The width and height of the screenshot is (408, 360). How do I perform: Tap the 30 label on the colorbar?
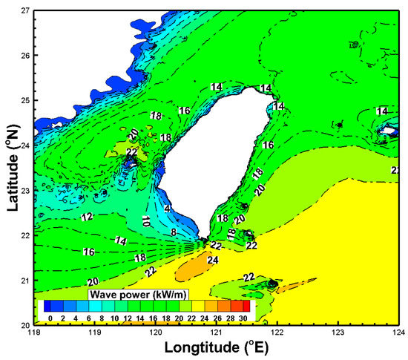(x=243, y=318)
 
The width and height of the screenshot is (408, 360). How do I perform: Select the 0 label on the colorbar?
(x=50, y=318)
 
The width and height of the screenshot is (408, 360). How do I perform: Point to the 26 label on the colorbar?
(x=217, y=318)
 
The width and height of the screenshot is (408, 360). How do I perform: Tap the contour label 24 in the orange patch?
(x=213, y=261)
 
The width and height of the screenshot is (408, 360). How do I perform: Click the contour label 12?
(x=87, y=217)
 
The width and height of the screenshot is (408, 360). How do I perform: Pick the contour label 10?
(x=146, y=220)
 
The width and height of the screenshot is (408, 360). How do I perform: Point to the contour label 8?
(x=174, y=233)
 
